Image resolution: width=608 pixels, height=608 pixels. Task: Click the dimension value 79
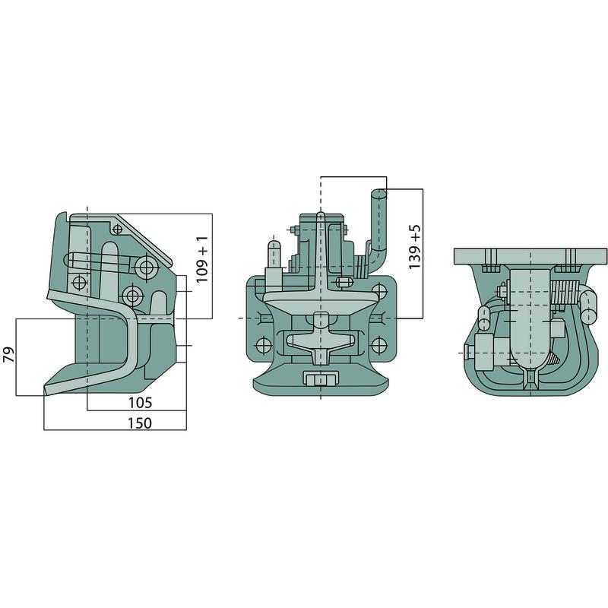(9, 354)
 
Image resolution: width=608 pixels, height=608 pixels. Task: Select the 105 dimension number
(141, 403)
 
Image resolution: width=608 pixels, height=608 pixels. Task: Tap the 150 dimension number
(140, 423)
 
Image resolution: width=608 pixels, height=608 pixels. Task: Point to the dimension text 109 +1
(202, 259)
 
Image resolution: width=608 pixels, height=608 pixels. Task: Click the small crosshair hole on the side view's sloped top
(117, 230)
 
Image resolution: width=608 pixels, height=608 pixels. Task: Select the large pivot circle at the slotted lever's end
(147, 267)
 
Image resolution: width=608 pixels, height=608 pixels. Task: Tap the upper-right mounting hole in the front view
(378, 290)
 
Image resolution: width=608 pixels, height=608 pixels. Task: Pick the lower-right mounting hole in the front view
(378, 344)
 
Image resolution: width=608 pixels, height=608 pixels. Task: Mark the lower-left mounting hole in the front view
(263, 344)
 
